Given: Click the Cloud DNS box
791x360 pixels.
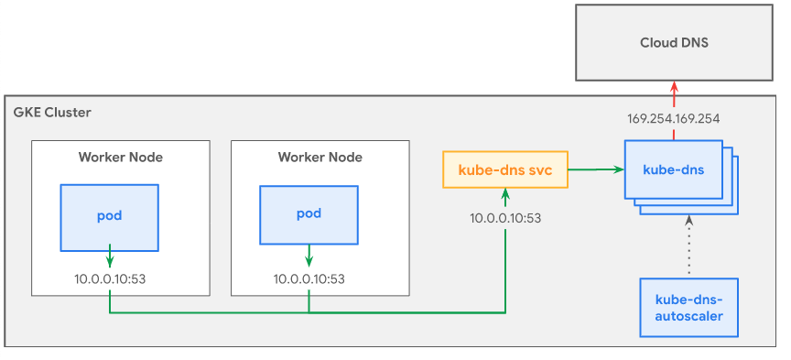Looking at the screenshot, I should point(674,42).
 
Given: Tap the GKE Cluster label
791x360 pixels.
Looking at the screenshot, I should point(52,113).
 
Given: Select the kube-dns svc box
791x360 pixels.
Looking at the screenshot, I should point(505,169).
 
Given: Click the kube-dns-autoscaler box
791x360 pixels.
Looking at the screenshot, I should point(689,308).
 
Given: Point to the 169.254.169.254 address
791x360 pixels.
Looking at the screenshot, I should point(674,119).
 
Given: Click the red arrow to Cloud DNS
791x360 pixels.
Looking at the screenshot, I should point(675,94).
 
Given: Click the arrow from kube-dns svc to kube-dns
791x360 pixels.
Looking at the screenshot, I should point(595,169).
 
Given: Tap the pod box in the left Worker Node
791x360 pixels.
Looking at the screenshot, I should point(110,217).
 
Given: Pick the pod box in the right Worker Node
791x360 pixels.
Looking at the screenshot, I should point(309,215).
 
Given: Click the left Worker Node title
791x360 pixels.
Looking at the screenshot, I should point(121,157).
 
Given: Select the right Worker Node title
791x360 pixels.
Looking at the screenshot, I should point(320,157).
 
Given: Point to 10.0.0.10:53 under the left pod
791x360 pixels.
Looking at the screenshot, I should point(110,278).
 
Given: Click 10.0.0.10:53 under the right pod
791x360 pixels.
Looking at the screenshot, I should point(309,278).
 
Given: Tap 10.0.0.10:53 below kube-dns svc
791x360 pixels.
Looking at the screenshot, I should point(505,218).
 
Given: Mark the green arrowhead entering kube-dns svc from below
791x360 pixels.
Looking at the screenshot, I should point(505,194).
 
